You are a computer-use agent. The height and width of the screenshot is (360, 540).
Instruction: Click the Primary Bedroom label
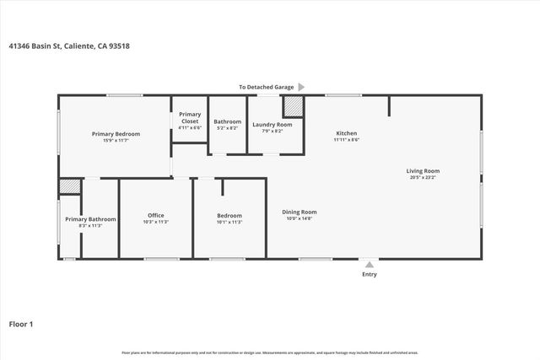116,134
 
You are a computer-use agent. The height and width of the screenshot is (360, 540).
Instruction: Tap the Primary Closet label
190,117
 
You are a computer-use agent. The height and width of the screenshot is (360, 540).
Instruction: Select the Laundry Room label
272,125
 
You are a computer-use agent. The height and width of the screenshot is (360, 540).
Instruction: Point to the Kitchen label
347,133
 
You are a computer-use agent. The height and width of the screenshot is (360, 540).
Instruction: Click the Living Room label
424,171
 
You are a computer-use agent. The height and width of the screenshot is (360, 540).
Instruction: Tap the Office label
156,215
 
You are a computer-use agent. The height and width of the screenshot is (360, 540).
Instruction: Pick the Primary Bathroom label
90,219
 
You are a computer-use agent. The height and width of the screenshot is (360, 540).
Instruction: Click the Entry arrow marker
369,265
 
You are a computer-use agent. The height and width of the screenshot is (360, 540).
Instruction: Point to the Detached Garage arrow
301,86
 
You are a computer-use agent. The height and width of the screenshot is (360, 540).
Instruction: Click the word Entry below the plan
370,274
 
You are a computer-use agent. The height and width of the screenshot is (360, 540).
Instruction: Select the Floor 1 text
20,323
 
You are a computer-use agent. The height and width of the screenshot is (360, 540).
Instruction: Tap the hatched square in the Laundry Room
292,106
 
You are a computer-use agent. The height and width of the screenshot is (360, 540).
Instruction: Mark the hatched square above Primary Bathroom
69,186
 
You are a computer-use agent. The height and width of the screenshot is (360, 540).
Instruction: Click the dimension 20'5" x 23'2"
424,178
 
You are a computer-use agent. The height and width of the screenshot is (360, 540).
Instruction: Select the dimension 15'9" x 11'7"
116,141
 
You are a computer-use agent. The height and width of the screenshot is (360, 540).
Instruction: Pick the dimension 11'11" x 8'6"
347,140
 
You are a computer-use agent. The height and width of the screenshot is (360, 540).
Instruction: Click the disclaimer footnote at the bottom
270,352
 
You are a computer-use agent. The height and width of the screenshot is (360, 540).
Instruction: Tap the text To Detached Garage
266,86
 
